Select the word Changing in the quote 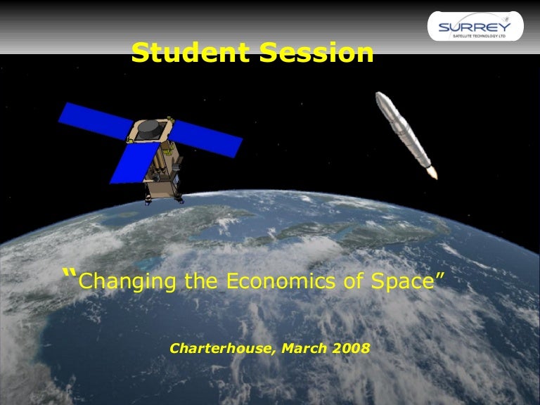point(127,281)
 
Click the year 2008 point(347,348)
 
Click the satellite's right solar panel point(208,138)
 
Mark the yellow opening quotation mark point(69,274)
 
